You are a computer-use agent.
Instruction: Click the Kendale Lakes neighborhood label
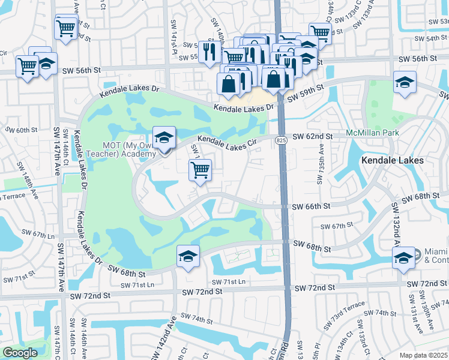coord(393,161)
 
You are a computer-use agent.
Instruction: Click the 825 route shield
coord(282,140)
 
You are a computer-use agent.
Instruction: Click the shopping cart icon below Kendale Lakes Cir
coord(200,169)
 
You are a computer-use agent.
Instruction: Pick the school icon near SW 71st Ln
coord(188,257)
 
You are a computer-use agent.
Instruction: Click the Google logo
coord(19,353)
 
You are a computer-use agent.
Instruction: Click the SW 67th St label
coord(336,226)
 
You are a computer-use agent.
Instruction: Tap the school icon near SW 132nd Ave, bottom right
coord(404,258)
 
